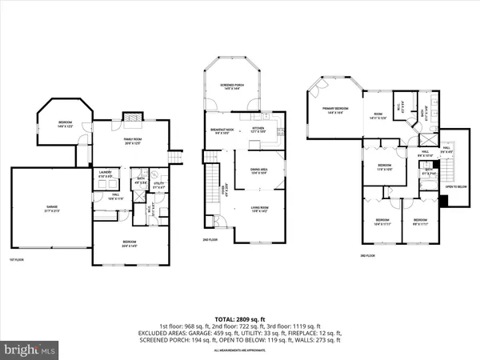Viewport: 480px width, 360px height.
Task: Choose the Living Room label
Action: pos(258,210)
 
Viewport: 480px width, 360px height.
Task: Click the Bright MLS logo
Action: pos(31,350)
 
